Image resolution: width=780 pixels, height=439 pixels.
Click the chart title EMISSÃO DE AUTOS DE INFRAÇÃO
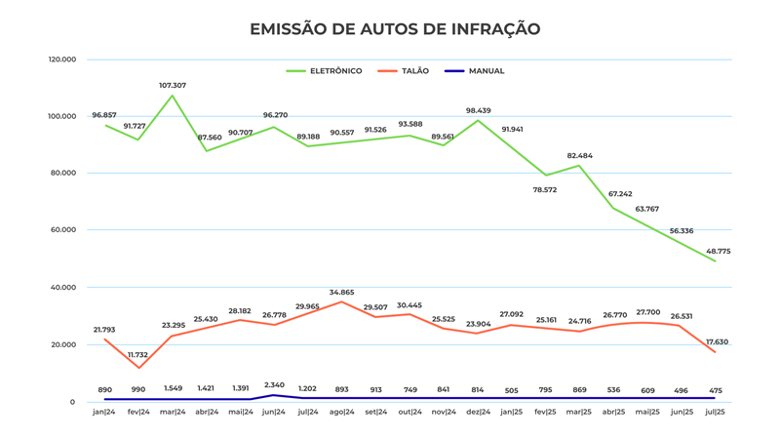point(395,29)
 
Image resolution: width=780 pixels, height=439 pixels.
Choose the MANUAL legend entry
point(486,71)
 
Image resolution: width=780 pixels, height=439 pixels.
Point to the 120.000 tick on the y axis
point(61,60)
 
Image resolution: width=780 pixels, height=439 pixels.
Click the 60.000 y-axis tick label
point(63,230)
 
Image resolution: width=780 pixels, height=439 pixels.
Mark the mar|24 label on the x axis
point(173,412)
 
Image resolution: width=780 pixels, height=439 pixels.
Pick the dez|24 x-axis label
point(478,412)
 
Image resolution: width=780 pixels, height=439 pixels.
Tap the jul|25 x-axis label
point(715,412)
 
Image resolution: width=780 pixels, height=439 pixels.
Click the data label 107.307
point(173,86)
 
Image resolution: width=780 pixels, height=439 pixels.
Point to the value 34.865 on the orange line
point(342,293)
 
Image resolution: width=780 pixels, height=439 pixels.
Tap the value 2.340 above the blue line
point(274,385)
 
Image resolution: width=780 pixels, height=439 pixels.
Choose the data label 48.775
point(718,252)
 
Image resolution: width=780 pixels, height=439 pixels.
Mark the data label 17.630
point(717,341)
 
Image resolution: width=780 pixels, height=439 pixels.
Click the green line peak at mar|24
point(173,96)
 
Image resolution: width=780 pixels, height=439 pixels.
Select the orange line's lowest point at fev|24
point(138,368)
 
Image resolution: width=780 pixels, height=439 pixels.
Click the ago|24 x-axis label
point(342,412)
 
